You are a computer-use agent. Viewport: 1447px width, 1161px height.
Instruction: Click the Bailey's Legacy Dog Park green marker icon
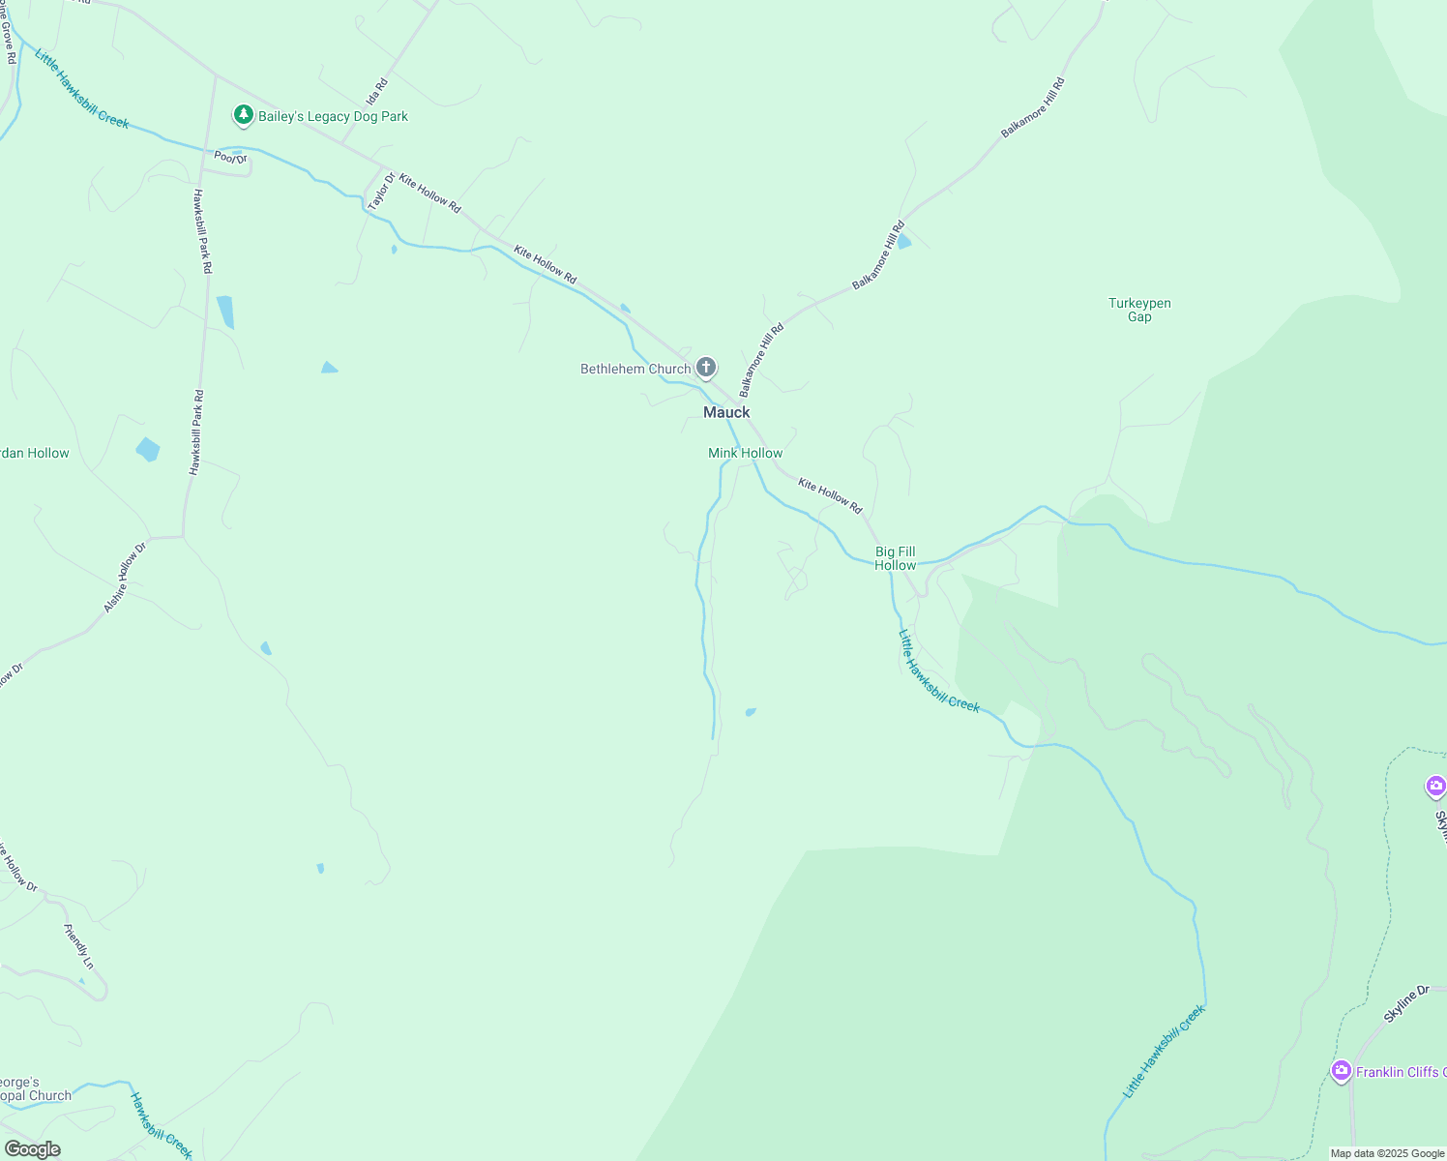coord(244,116)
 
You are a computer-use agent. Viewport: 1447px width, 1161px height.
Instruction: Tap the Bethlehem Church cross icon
coord(707,368)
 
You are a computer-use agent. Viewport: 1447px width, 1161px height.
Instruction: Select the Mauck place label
coord(726,412)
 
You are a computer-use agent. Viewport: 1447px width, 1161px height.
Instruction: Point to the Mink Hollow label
coord(745,453)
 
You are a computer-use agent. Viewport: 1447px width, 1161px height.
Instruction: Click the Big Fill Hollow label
coord(895,558)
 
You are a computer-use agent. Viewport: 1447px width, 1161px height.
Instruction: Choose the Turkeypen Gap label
coord(1139,310)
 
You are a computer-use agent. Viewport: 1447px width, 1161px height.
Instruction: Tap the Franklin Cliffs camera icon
coord(1341,1071)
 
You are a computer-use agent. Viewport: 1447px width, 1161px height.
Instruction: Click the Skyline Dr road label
coord(1406,1004)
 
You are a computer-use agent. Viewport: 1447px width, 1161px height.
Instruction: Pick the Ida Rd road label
coord(377,92)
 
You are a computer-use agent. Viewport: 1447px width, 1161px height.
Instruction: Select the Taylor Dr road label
coord(381,192)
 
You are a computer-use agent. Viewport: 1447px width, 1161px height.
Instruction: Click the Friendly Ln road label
coord(79,946)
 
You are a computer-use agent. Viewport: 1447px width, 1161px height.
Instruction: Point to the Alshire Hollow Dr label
coord(125,578)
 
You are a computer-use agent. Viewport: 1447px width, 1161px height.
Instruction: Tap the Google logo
coord(32,1149)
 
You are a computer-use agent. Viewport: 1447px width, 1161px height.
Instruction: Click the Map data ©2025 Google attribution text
coord(1387,1153)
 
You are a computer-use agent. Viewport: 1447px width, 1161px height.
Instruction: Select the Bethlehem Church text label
coord(635,369)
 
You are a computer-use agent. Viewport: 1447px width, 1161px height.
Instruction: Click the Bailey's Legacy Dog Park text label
coord(333,116)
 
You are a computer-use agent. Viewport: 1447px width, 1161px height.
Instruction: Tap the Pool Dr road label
coord(230,158)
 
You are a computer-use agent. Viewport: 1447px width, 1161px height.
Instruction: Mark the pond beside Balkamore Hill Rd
coord(904,241)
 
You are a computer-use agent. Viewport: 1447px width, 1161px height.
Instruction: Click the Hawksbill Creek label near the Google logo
coord(162,1125)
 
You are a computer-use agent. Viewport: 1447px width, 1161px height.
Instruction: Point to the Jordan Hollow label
coord(35,453)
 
